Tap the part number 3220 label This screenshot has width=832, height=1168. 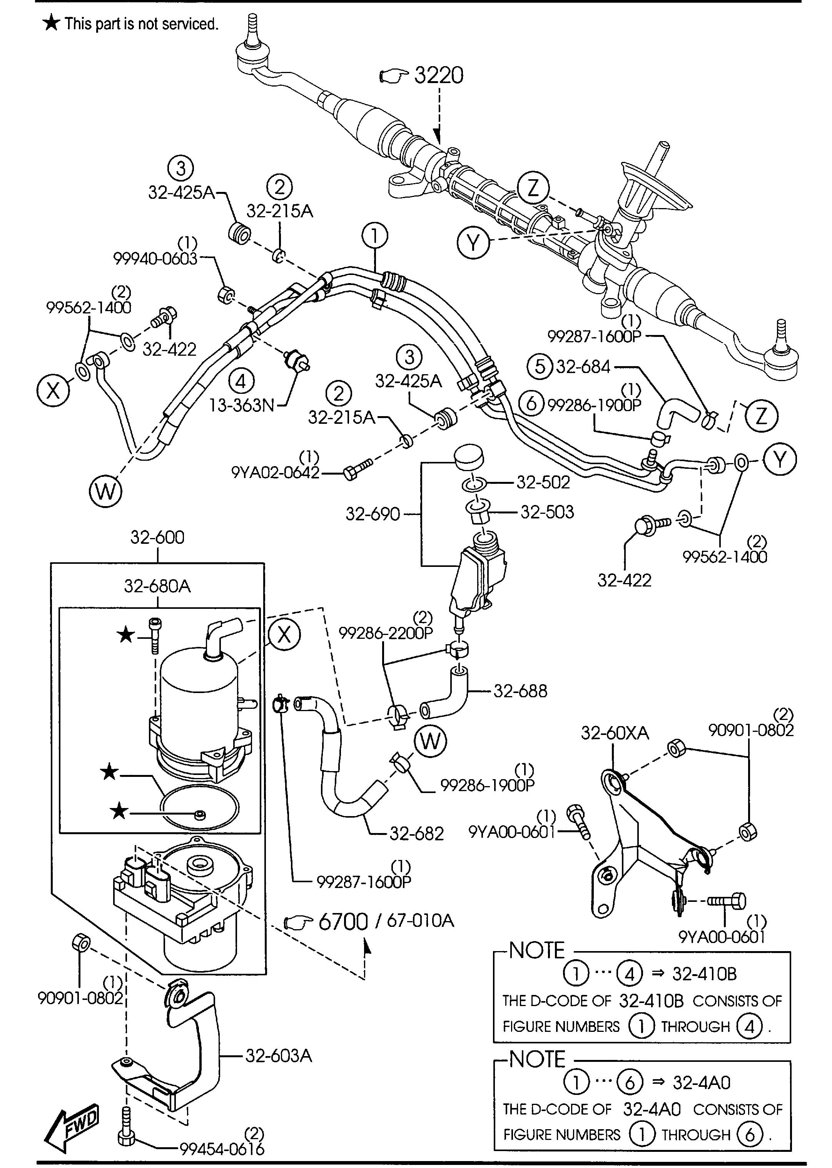pos(439,75)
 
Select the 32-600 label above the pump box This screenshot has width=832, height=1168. pos(157,537)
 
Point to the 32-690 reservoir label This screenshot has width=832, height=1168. pos(373,513)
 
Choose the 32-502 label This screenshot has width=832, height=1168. pos(543,482)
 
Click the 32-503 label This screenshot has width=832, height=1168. pos(547,512)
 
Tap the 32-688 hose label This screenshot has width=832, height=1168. pos(521,691)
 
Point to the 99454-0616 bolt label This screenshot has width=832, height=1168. pos(222,1149)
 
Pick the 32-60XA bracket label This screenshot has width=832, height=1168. pos(615,733)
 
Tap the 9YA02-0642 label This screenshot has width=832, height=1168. pos(275,472)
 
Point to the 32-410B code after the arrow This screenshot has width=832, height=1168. pos(705,973)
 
